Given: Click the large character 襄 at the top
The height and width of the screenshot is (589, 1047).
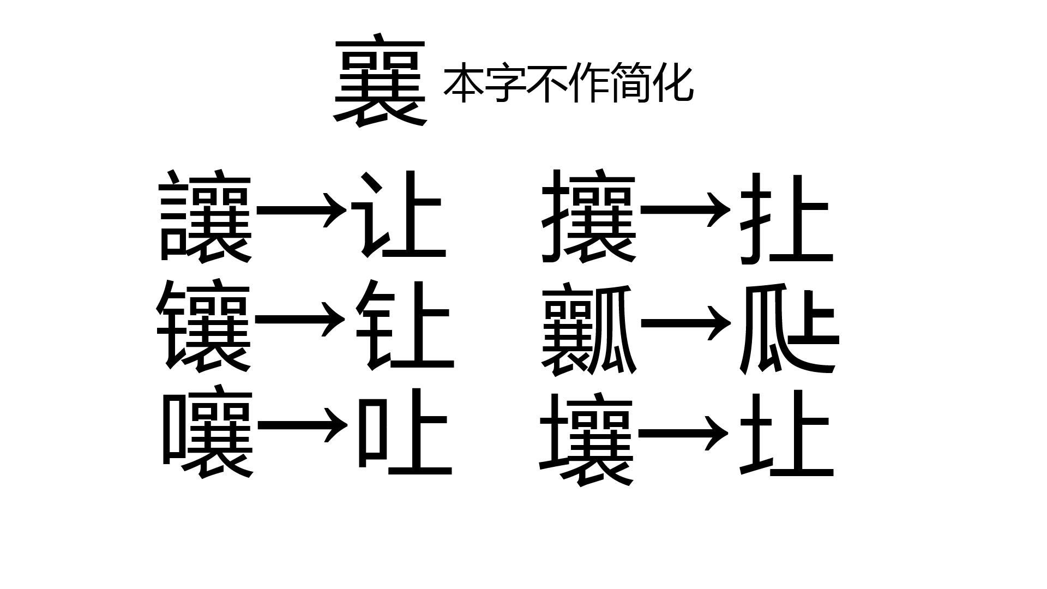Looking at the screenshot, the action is coord(380,82).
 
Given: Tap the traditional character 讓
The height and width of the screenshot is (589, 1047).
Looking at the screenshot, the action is coord(205,217).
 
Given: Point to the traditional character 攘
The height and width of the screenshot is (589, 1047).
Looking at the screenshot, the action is coord(589,217).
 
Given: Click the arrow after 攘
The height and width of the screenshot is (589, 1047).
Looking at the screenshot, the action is coord(685,209).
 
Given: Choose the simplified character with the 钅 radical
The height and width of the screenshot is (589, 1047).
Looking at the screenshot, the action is coord(404,326).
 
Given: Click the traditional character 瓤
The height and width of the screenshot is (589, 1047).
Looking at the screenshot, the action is coord(589,329).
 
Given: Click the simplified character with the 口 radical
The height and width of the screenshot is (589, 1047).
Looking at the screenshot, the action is coord(404,431).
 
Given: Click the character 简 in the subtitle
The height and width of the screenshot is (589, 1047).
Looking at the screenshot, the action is coord(633,83).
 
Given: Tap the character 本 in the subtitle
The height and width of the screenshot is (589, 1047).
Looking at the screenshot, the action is coord(464,83).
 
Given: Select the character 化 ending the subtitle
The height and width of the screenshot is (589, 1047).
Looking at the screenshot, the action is coord(675,83).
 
